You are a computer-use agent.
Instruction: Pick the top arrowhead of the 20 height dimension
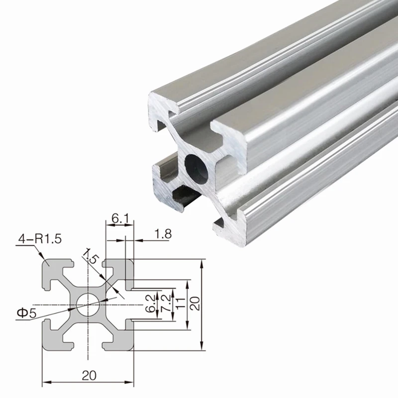tap(201, 261)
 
